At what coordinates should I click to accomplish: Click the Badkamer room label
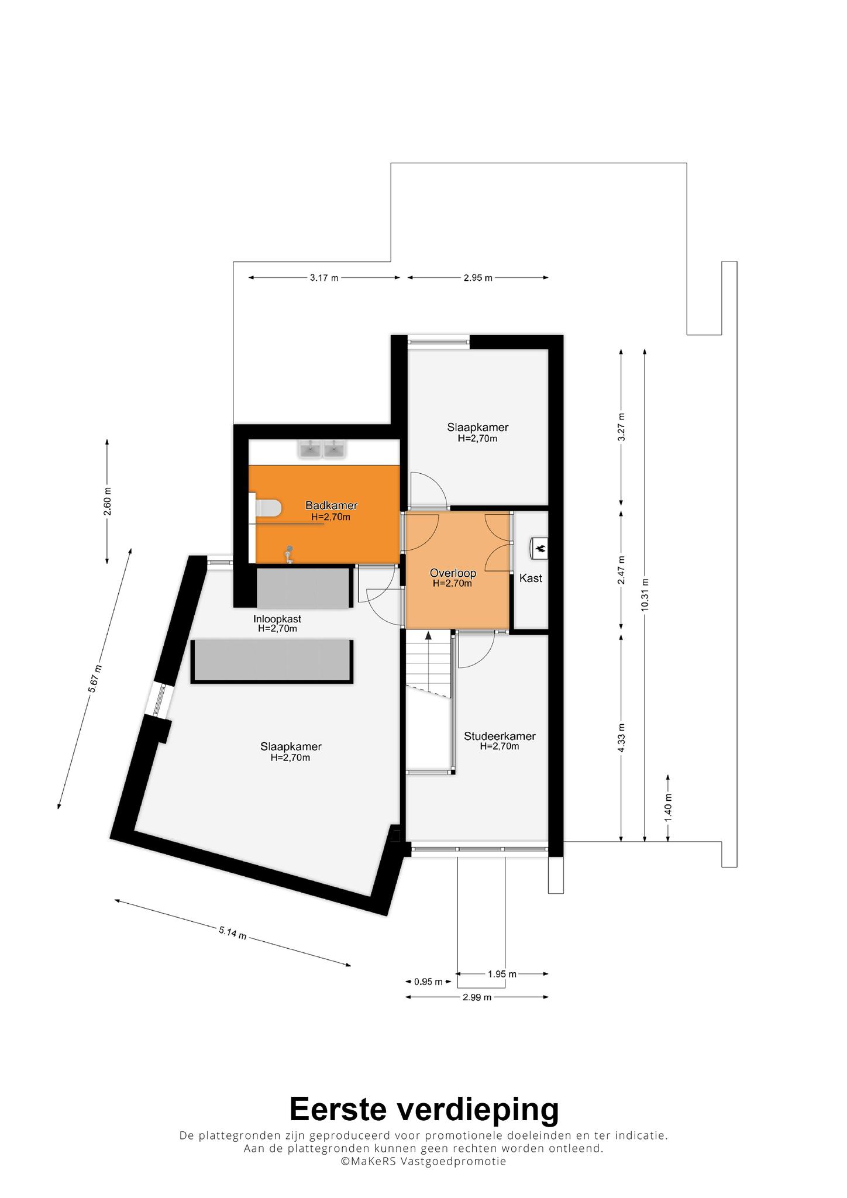click(331, 505)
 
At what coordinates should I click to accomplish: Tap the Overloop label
click(453, 573)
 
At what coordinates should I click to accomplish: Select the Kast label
click(531, 578)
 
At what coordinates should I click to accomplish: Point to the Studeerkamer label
click(500, 736)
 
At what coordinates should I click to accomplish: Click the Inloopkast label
click(277, 619)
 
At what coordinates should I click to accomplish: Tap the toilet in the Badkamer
click(268, 508)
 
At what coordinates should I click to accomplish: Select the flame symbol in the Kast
click(540, 548)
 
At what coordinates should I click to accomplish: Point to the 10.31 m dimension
click(645, 594)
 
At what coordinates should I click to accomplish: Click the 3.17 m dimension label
click(324, 278)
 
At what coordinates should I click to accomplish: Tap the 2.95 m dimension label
click(478, 278)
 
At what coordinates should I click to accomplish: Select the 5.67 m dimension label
click(95, 679)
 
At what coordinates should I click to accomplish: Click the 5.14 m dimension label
click(232, 932)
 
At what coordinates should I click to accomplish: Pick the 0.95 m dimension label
click(428, 982)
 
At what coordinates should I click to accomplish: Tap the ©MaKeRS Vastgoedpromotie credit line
click(423, 1161)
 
